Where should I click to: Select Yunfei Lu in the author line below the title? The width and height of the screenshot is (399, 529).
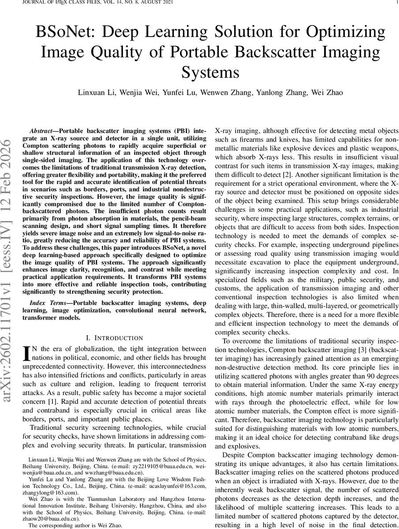[185, 93]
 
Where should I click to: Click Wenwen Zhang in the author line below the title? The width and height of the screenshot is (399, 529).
[229, 93]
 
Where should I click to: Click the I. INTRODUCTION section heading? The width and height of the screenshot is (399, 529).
[115, 338]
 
